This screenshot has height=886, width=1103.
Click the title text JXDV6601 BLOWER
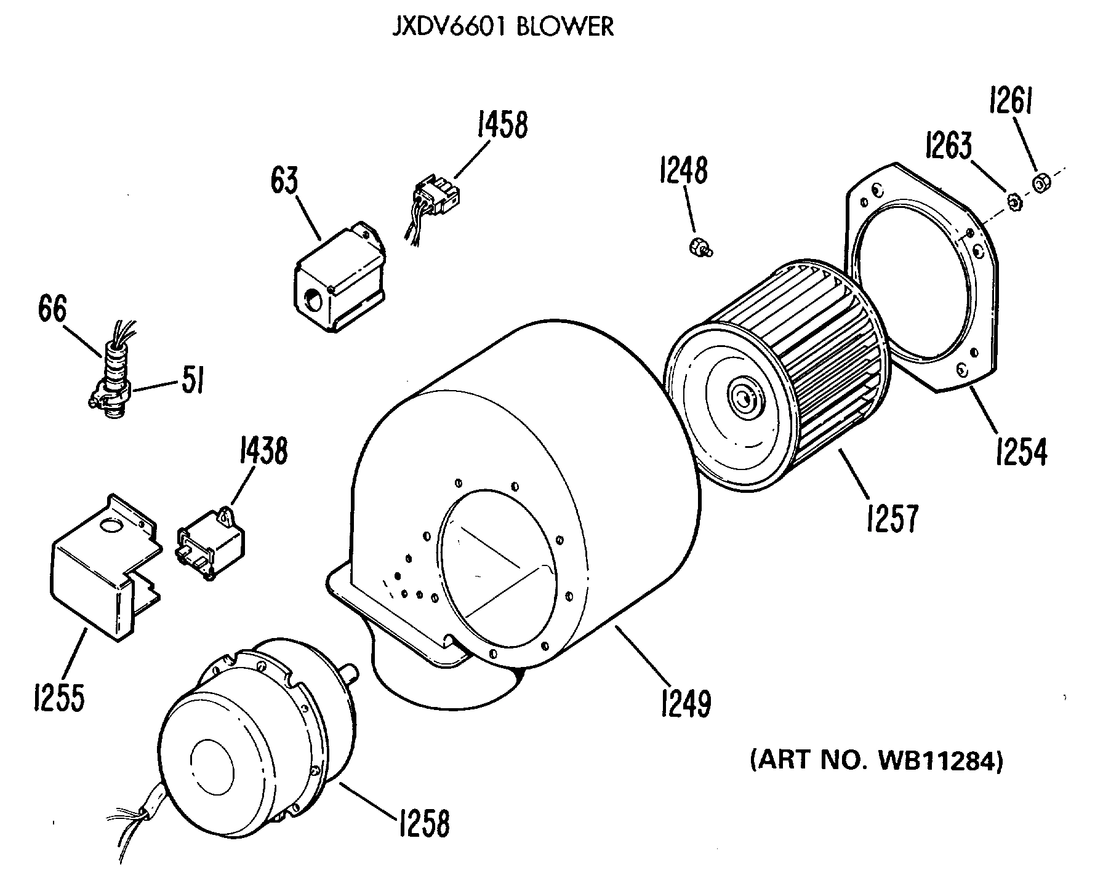[503, 27]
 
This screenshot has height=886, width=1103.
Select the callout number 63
[284, 180]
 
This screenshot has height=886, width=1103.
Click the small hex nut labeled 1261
[1041, 183]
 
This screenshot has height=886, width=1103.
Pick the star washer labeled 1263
[1012, 201]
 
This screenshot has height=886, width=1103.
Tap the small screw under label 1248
[700, 249]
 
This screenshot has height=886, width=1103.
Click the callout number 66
[52, 309]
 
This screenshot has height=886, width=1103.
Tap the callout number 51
[192, 381]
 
